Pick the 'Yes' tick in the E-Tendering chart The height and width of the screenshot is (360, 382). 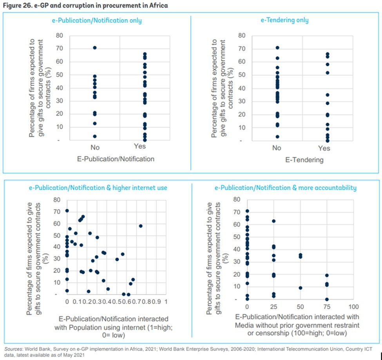[324, 148]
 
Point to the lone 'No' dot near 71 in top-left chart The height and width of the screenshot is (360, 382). [94, 48]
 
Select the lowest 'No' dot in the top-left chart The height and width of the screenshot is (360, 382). [94, 136]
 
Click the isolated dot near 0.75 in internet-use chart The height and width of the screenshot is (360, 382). [141, 226]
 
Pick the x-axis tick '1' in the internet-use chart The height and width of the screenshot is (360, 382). [167, 302]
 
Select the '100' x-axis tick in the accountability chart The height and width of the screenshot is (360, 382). [353, 305]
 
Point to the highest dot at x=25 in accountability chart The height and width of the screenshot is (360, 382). [273, 221]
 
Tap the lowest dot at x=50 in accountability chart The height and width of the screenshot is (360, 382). [300, 288]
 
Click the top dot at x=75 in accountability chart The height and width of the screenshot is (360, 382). [327, 275]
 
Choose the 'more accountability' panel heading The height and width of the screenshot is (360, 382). [286, 188]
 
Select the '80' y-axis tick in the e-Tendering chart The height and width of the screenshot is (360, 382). [242, 36]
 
